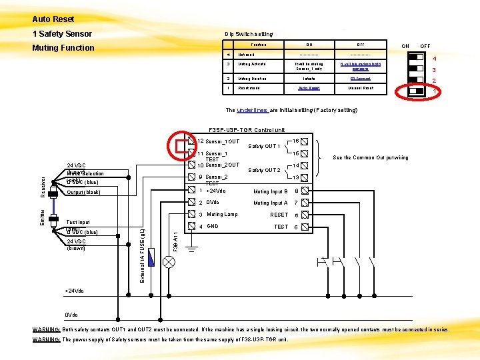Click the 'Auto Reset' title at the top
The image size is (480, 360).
tap(53, 19)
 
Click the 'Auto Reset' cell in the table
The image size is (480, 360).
tap(309, 88)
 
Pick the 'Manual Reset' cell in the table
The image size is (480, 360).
tap(360, 88)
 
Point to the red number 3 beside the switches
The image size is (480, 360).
tap(433, 71)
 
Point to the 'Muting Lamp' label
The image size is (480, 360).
tap(222, 215)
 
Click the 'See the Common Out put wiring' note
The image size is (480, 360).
tap(371, 157)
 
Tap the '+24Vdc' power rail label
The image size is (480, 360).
tap(75, 291)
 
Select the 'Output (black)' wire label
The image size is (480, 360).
tap(83, 193)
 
